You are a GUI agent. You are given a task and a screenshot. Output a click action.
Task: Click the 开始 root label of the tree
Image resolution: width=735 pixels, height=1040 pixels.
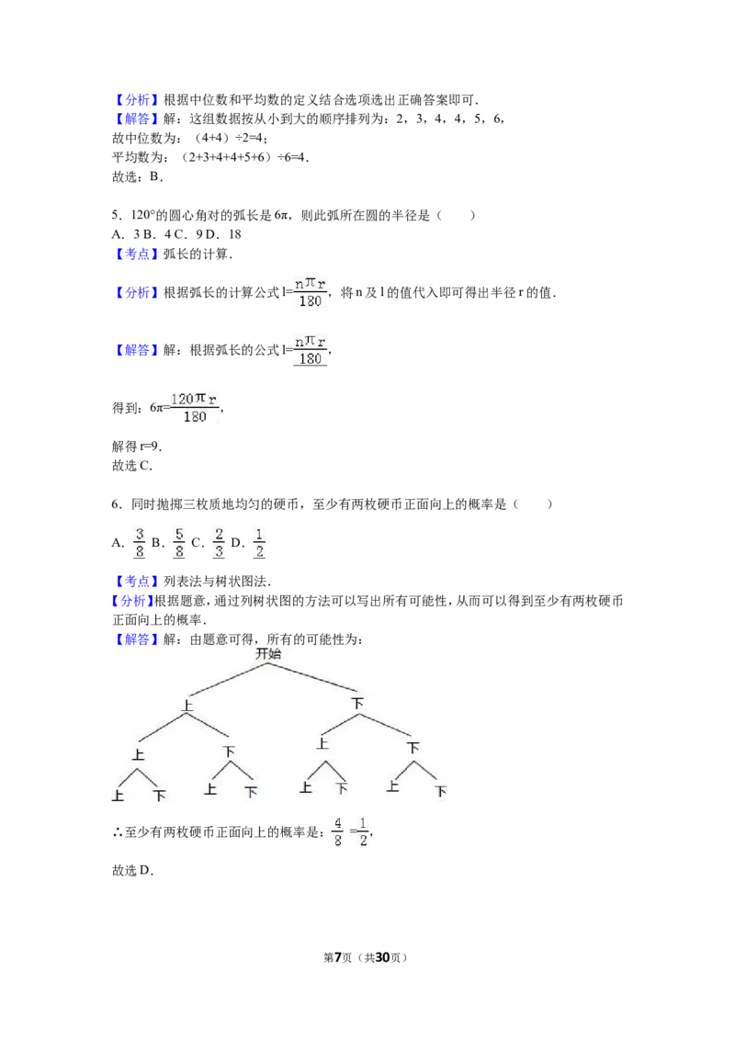click(268, 654)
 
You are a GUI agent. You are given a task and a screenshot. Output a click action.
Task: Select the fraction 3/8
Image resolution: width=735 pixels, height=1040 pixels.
click(140, 541)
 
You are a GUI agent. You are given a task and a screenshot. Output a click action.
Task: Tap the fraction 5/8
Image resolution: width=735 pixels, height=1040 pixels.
click(180, 541)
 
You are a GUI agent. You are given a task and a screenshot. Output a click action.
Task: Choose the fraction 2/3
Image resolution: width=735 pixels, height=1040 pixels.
click(218, 541)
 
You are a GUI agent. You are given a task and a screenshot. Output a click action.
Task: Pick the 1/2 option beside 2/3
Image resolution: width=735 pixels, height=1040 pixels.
click(261, 541)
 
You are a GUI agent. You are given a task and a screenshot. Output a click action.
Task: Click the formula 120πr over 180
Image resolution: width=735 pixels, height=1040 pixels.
click(195, 408)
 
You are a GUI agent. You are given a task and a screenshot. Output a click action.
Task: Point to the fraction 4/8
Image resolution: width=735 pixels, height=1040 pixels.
click(338, 831)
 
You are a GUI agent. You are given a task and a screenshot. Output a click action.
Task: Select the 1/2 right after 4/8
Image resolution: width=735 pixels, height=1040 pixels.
click(363, 831)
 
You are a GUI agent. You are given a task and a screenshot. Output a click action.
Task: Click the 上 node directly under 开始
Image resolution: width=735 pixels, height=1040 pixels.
click(187, 706)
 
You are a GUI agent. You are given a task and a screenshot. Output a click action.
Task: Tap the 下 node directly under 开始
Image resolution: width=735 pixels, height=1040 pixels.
click(357, 704)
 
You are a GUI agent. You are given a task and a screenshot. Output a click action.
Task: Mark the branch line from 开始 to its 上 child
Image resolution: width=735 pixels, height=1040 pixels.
click(228, 678)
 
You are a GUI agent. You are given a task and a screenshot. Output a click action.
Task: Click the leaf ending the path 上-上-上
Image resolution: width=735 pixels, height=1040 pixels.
click(118, 796)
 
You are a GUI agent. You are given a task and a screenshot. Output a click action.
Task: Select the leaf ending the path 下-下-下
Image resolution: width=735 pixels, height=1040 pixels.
click(441, 792)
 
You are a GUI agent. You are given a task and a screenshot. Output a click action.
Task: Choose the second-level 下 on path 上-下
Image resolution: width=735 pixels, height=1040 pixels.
click(229, 752)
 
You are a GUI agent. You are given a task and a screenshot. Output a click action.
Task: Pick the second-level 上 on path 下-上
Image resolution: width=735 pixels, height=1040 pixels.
click(322, 742)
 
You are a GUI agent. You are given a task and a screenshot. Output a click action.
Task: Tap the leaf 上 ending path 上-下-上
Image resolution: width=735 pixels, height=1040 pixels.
click(210, 788)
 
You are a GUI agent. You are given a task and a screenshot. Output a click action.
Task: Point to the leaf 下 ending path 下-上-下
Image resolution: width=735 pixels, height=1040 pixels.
click(342, 788)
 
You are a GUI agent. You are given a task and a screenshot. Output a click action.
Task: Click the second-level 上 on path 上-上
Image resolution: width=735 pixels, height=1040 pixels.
click(138, 754)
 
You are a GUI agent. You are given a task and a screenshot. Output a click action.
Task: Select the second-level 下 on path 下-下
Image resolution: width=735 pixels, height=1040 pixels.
click(413, 748)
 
